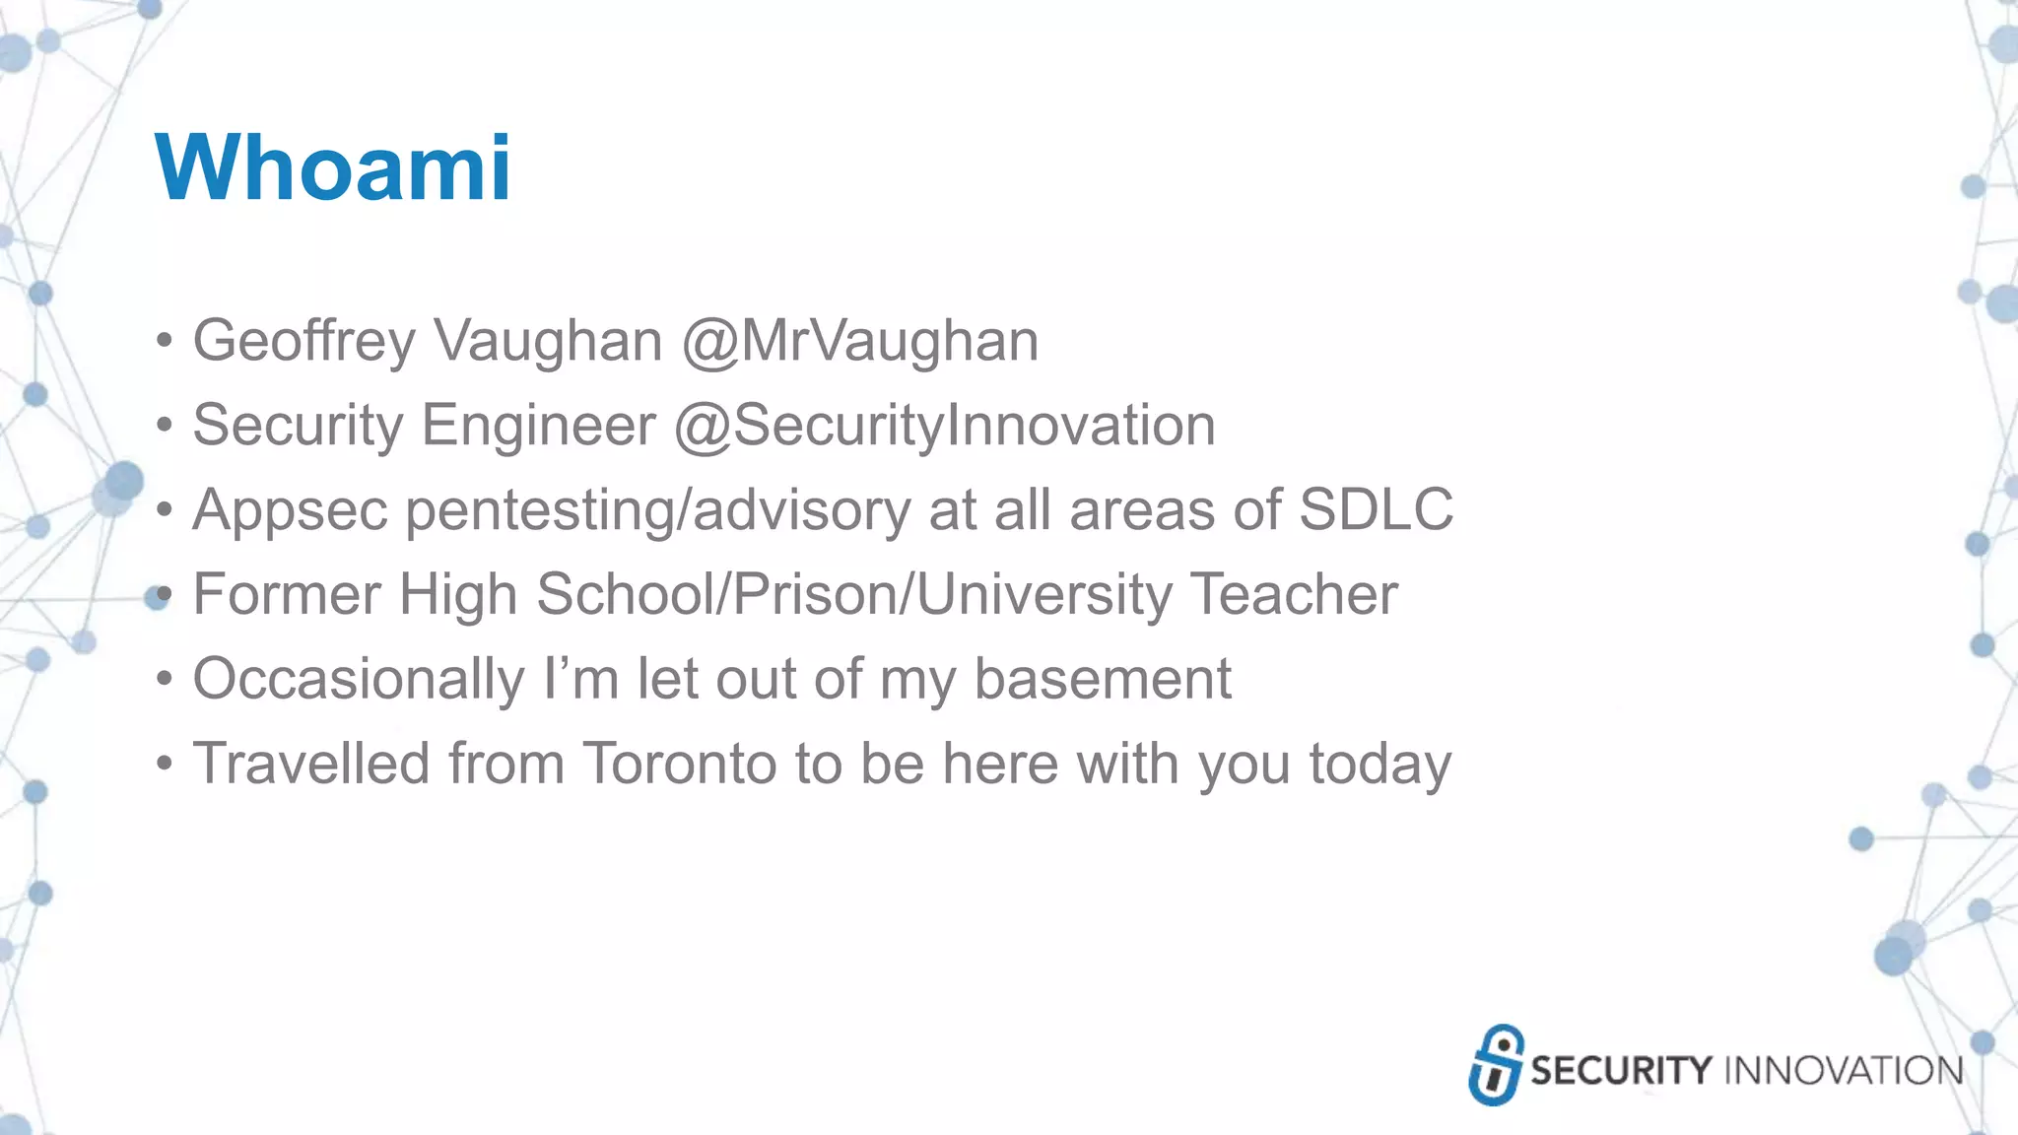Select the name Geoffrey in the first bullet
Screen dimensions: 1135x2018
(x=303, y=341)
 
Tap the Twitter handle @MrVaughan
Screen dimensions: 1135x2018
(x=859, y=341)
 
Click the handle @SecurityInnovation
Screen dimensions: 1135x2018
(x=944, y=426)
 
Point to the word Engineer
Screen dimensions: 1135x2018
(x=538, y=426)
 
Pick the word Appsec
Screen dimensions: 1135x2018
(x=290, y=510)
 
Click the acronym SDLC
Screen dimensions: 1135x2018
(x=1376, y=509)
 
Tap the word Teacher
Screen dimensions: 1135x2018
(x=1294, y=594)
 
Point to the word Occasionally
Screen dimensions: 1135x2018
(x=359, y=679)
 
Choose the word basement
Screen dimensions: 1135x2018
(x=1103, y=679)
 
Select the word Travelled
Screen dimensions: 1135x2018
(x=311, y=764)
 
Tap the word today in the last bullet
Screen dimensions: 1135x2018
(x=1379, y=766)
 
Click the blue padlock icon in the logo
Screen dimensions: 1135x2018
(x=1495, y=1065)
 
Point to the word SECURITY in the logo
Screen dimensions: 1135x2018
(x=1621, y=1071)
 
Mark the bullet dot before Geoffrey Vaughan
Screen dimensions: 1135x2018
(x=165, y=342)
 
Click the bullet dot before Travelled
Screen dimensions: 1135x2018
(x=165, y=765)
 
